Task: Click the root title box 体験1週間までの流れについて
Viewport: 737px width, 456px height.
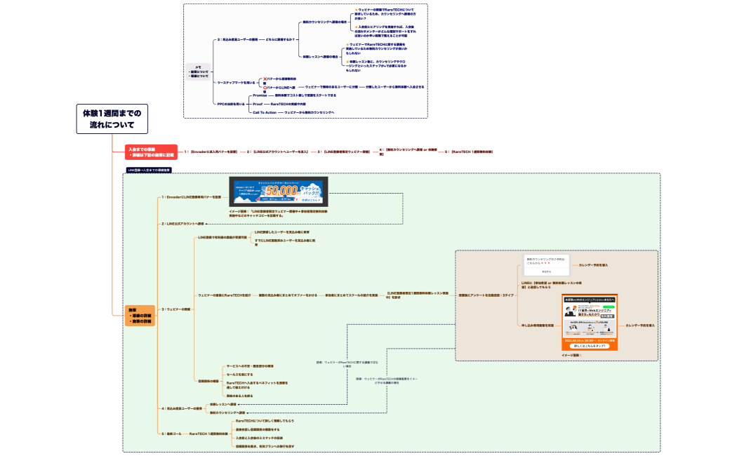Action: (x=112, y=119)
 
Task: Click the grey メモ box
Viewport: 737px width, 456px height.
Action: (x=199, y=71)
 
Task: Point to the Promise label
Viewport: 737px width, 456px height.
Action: (x=260, y=95)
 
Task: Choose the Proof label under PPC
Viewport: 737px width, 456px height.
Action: (x=257, y=104)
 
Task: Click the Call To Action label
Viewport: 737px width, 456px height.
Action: (x=265, y=112)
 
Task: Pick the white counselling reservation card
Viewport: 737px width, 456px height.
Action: (x=546, y=264)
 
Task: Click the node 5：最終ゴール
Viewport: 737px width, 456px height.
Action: (x=172, y=434)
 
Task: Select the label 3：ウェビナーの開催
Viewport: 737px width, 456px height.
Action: (x=175, y=309)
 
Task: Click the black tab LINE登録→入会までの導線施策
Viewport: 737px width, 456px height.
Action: (x=148, y=170)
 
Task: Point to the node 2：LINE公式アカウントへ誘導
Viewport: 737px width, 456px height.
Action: (x=182, y=224)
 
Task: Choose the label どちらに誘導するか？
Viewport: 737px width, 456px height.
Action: (x=281, y=39)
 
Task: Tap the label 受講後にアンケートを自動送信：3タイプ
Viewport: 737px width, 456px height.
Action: (x=486, y=295)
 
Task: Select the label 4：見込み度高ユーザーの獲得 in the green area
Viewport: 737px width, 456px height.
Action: (x=182, y=408)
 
